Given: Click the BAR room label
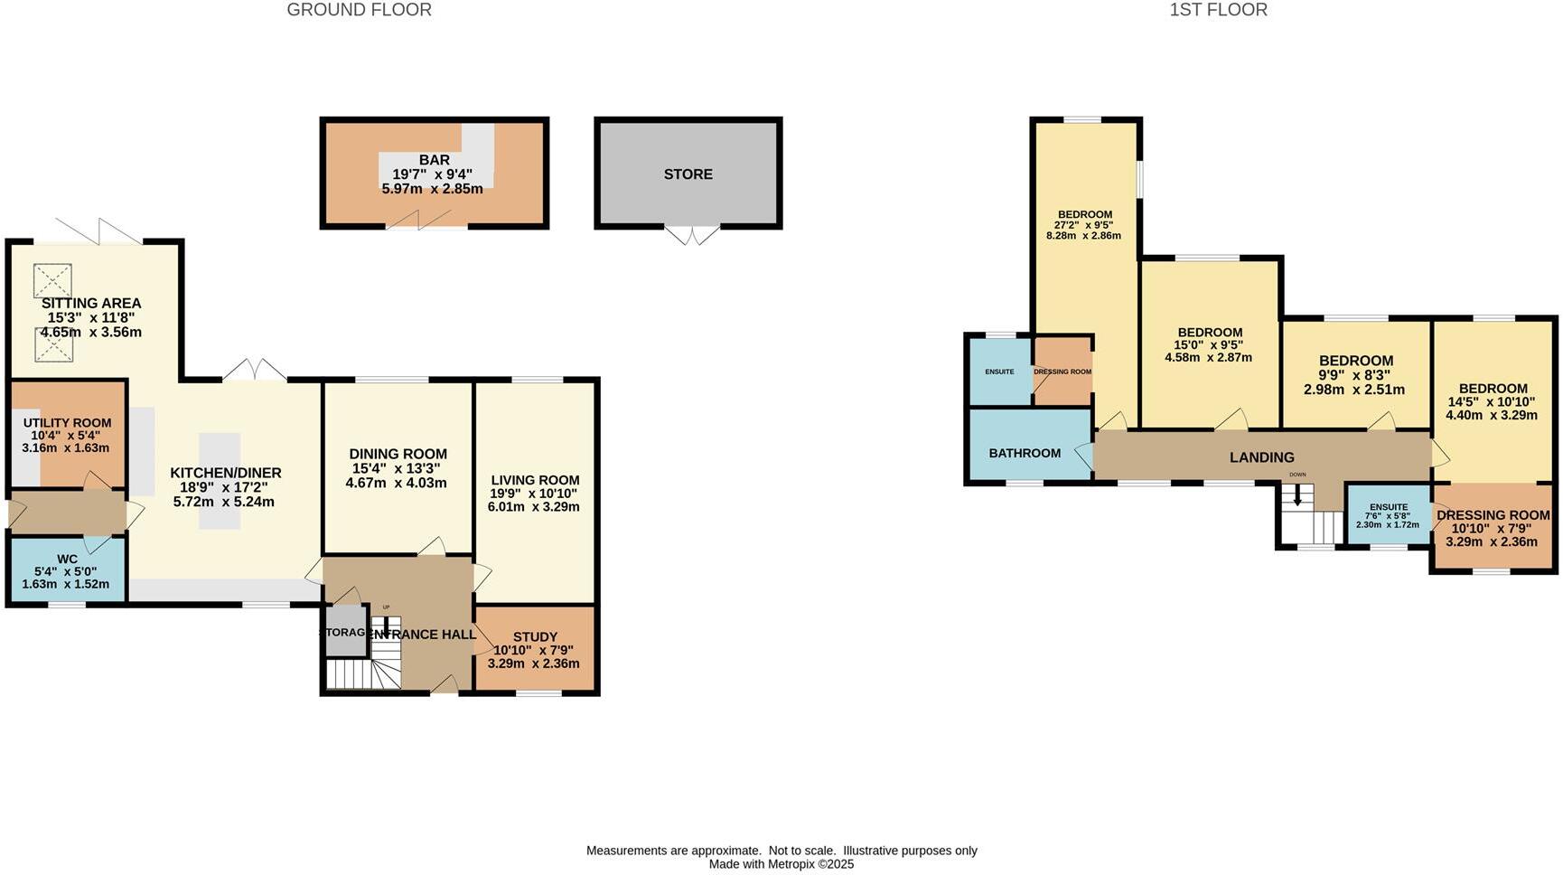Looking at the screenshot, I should [434, 160].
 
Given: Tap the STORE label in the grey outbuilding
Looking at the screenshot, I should [688, 174].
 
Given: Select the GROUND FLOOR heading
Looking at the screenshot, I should [359, 10].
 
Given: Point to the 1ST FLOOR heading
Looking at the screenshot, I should [1218, 10].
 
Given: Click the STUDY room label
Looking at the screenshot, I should [534, 637].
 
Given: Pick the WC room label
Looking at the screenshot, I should [67, 560].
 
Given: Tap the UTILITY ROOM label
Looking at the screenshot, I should [68, 423].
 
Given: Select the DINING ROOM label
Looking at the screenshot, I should [398, 455].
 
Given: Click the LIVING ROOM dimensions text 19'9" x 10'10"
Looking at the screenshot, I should [534, 494].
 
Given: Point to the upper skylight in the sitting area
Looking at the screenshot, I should [52, 280].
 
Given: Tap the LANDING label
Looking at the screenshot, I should [1261, 457].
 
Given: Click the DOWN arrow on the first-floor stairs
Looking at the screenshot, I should [1297, 494].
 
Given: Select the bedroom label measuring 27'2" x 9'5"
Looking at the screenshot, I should [1084, 215].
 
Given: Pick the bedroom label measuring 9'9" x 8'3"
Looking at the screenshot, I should [1355, 361].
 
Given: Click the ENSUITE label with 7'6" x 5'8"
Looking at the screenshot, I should [1388, 507].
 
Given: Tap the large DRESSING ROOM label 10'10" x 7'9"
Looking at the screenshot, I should [1493, 515].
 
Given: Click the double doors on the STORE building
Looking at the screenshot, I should [693, 235].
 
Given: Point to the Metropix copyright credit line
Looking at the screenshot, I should [781, 864].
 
